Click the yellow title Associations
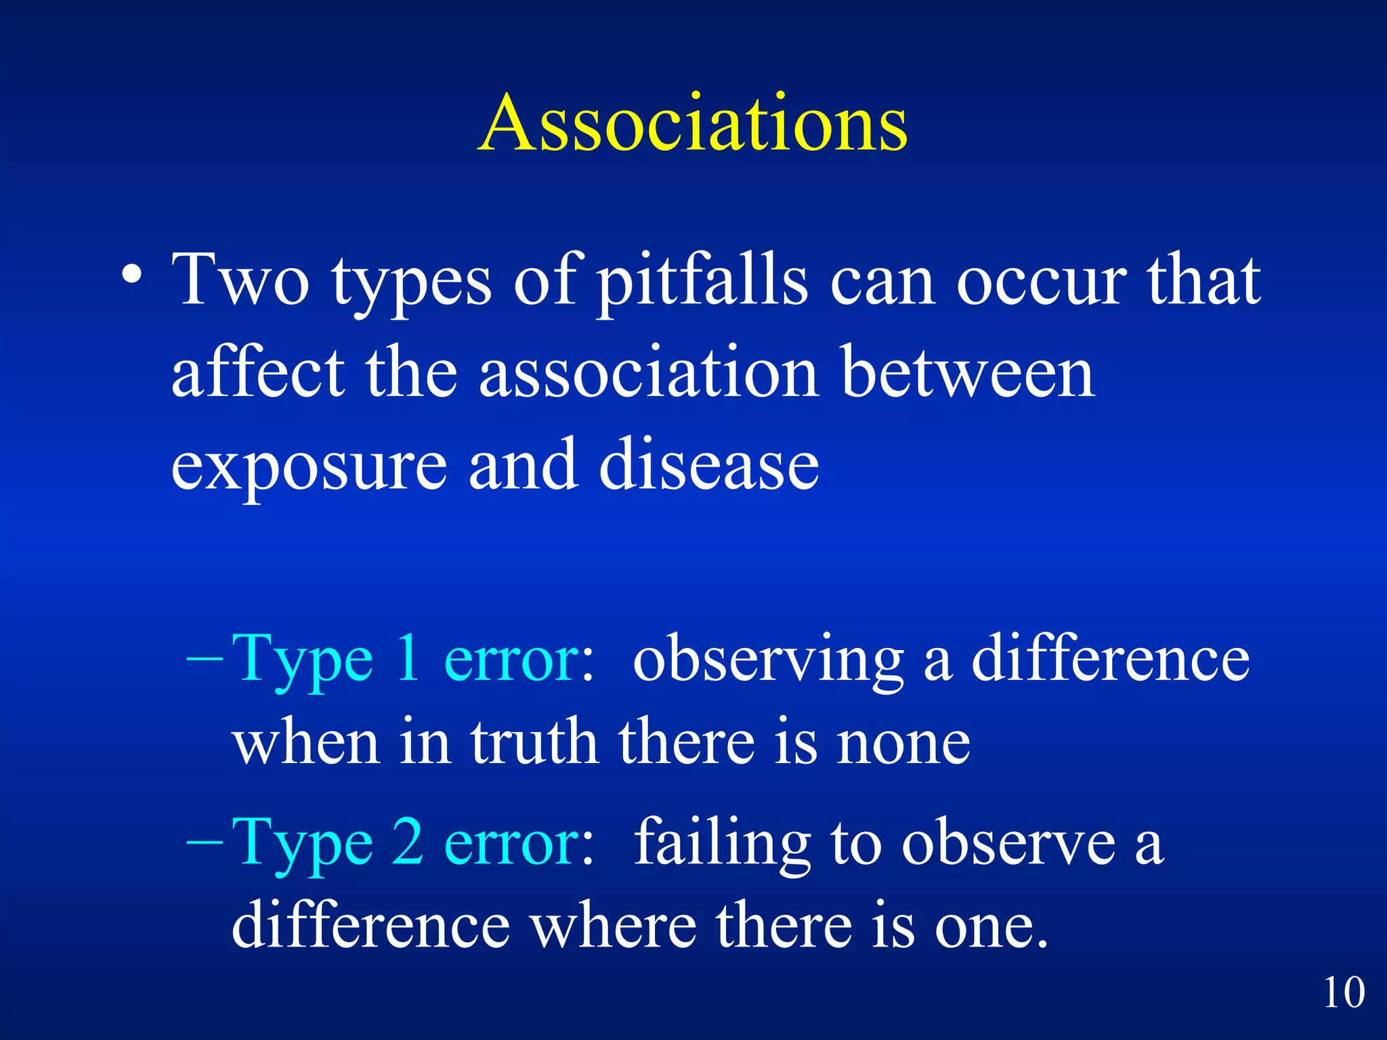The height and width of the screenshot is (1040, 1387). click(692, 124)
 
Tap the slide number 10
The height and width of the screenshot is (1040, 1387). click(1344, 993)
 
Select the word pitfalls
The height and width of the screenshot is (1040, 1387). click(702, 281)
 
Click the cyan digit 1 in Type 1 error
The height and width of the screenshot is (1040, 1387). click(408, 659)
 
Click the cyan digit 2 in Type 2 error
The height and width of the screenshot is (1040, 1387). click(408, 843)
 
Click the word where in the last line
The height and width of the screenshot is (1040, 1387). click(613, 926)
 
